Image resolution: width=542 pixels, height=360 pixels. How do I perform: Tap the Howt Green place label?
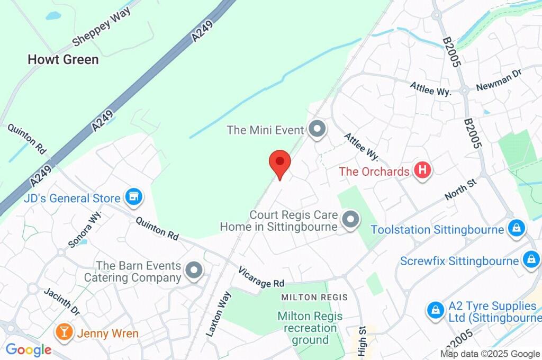click(63, 60)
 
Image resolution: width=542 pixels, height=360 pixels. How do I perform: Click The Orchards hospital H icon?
click(422, 170)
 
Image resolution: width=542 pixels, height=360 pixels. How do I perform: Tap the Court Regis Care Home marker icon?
click(350, 220)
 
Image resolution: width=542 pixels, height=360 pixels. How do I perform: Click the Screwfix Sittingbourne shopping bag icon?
click(530, 260)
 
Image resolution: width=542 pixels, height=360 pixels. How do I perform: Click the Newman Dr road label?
click(499, 79)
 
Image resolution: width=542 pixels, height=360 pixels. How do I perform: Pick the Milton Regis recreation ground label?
click(310, 328)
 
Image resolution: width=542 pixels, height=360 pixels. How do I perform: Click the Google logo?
click(29, 350)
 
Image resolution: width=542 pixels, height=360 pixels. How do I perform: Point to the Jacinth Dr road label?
click(61, 301)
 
